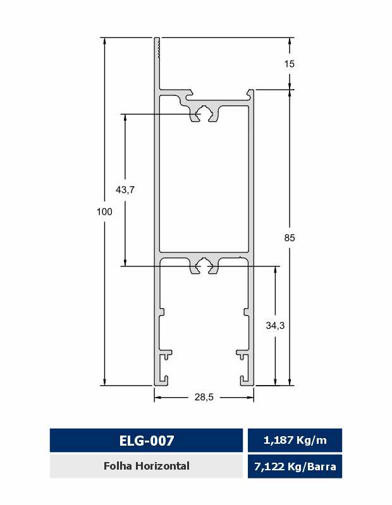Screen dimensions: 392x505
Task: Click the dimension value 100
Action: coord(104,211)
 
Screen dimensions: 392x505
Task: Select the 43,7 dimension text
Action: coord(125,190)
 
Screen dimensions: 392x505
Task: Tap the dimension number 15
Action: coord(290,64)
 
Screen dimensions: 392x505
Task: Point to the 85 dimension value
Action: coord(290,238)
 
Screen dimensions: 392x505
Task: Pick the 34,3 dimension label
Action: coord(275,326)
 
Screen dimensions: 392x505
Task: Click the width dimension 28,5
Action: coord(204,397)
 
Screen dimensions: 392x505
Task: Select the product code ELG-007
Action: coord(147,440)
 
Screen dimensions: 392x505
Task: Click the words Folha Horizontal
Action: coord(147,466)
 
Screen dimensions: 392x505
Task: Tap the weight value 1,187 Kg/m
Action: coord(295,440)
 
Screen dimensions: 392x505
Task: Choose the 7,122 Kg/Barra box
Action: coord(295,466)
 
